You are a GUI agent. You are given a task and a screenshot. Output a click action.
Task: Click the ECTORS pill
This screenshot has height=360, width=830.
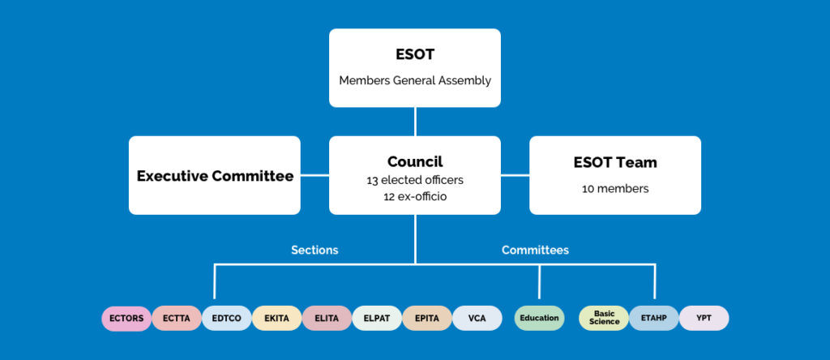click(x=126, y=319)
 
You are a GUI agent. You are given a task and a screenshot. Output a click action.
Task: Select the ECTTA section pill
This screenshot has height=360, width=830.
click(x=177, y=319)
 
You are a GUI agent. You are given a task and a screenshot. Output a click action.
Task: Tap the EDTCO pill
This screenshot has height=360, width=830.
click(x=227, y=319)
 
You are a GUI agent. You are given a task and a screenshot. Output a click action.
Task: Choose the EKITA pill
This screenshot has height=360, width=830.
click(x=277, y=319)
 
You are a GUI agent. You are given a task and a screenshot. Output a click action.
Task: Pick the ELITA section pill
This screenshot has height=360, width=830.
click(x=327, y=319)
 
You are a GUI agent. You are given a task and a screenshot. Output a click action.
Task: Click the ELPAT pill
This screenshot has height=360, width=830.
click(x=377, y=319)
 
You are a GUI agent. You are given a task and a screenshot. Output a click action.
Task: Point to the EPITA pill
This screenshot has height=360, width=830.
click(x=427, y=319)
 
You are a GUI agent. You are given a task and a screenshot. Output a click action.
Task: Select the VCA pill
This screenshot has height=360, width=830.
click(x=477, y=319)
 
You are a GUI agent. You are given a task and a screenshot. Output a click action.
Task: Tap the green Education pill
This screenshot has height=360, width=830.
click(x=539, y=319)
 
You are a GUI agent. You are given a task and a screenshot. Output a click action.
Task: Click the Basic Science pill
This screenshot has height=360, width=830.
click(x=605, y=318)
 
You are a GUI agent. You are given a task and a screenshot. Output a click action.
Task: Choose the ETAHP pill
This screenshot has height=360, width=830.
click(x=653, y=319)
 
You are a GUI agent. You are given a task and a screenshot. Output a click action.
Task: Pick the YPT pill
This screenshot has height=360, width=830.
click(x=704, y=319)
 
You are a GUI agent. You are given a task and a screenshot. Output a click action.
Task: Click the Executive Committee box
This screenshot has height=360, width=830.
click(x=215, y=176)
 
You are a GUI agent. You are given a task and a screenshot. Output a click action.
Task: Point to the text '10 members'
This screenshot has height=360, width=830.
click(x=615, y=189)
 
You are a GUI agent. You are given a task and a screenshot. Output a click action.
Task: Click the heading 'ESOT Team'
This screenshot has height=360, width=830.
click(x=615, y=162)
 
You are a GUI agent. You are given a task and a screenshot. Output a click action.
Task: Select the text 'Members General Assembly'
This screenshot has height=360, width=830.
click(x=415, y=80)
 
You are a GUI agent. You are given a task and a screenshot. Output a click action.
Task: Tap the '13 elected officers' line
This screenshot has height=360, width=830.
click(x=415, y=180)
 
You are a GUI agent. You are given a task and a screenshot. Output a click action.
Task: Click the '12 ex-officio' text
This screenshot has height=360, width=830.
click(x=415, y=195)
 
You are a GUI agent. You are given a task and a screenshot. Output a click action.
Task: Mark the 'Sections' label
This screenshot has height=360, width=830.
click(x=314, y=251)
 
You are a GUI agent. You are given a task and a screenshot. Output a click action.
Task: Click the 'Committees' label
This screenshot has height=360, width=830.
click(x=535, y=251)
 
